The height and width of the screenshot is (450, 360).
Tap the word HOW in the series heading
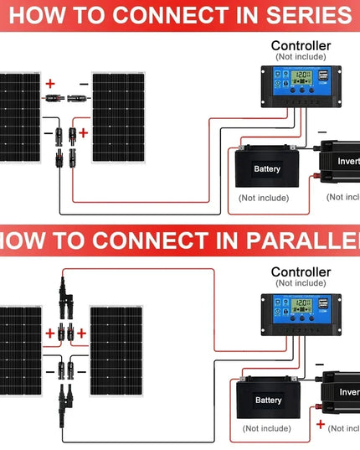pyautogui.click(x=35, y=15)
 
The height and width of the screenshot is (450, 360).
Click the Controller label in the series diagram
pyautogui.click(x=301, y=45)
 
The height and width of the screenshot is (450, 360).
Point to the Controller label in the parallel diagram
pyautogui.click(x=301, y=272)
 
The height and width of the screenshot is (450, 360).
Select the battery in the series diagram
pyautogui.click(x=267, y=168)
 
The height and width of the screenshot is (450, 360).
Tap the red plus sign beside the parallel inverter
pyautogui.click(x=320, y=426)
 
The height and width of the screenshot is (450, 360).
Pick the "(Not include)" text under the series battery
pyautogui.click(x=263, y=198)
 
